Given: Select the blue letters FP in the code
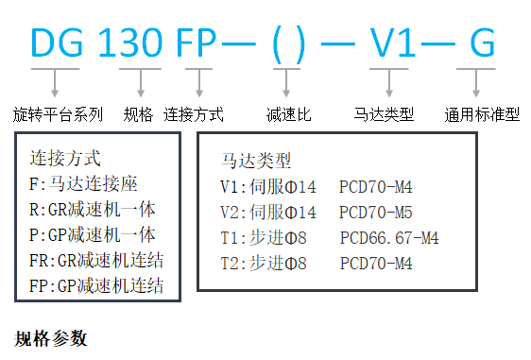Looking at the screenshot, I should pyautogui.click(x=197, y=44).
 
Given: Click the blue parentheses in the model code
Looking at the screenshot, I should pyautogui.click(x=283, y=44).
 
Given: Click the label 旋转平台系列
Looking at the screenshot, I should pyautogui.click(x=59, y=114).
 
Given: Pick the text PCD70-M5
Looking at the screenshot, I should pyautogui.click(x=375, y=212).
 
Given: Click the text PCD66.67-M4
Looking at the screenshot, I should pyautogui.click(x=388, y=237).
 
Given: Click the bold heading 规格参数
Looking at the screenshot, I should pyautogui.click(x=51, y=337).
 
